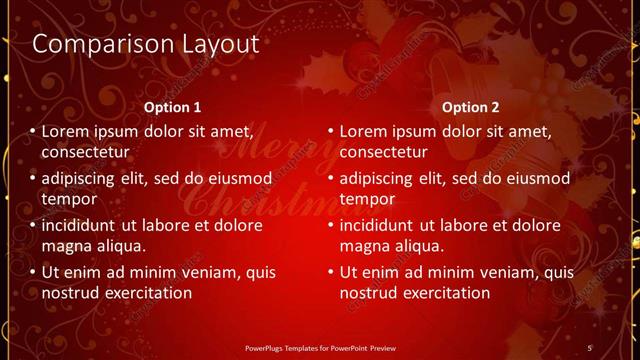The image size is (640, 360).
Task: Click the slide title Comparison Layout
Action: click(x=146, y=45)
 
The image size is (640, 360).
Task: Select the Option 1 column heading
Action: click(x=172, y=107)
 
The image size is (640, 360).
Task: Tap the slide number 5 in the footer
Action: click(x=590, y=347)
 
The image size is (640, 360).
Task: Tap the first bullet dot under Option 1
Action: click(x=32, y=131)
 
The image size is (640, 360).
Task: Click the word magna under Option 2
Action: click(x=365, y=246)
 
